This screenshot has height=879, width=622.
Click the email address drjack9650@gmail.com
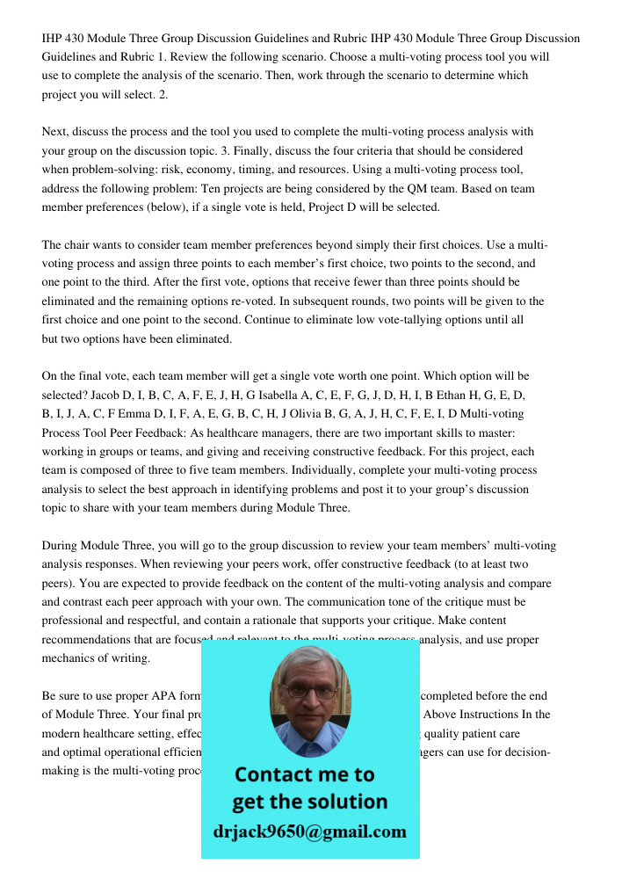point(310,831)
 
